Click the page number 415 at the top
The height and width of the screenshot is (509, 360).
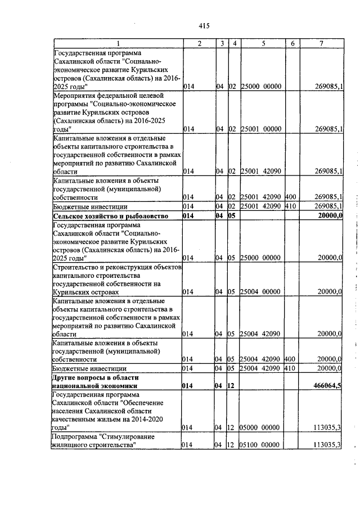204,25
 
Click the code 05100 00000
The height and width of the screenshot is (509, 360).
260,445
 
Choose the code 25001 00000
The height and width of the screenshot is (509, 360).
260,129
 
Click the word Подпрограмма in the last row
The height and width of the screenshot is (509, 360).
74,436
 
